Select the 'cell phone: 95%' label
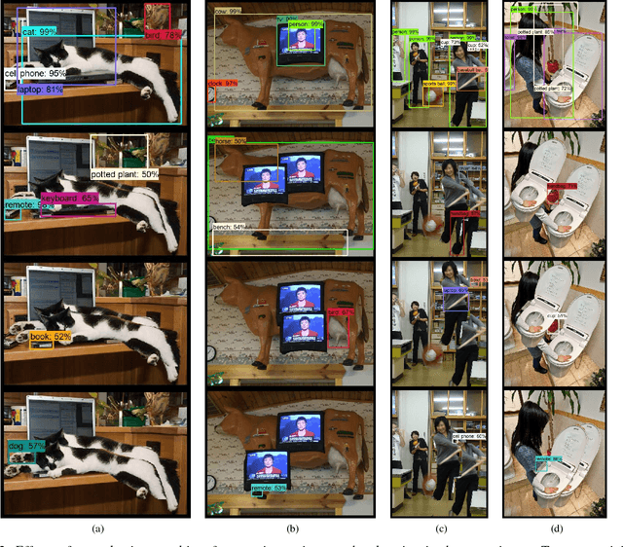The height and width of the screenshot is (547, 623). coord(35,73)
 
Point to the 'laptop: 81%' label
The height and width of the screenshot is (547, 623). coord(42,90)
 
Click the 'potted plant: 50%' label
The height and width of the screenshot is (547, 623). coord(125,174)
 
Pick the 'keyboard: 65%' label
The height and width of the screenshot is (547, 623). coord(72,198)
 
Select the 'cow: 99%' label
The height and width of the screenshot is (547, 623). coord(230,13)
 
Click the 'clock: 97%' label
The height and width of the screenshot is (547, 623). coord(223,84)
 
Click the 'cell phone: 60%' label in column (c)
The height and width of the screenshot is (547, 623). coord(470,437)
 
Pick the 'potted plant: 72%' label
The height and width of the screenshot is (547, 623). coord(553,89)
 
